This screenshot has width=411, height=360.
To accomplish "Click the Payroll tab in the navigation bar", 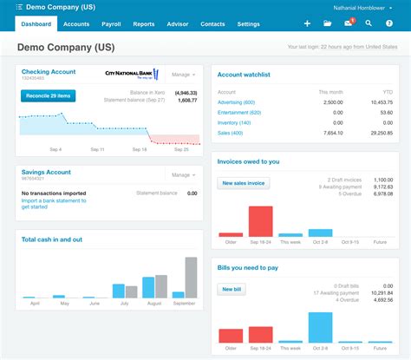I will (111, 24).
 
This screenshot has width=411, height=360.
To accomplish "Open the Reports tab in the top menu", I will (143, 24).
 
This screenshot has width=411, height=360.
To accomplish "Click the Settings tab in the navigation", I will (248, 24).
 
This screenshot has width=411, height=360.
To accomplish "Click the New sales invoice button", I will (244, 183).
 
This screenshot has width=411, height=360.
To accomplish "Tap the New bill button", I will (231, 289).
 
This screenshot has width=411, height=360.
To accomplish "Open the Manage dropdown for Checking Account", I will (183, 75).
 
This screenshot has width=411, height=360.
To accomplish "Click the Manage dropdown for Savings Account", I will (183, 175).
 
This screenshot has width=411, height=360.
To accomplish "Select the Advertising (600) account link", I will (237, 102).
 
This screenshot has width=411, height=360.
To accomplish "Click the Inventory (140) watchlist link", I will (235, 123).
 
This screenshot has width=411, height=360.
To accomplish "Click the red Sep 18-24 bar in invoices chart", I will (260, 221).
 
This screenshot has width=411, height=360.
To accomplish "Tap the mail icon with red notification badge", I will (349, 24).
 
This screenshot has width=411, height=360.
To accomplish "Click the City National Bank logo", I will (133, 75).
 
